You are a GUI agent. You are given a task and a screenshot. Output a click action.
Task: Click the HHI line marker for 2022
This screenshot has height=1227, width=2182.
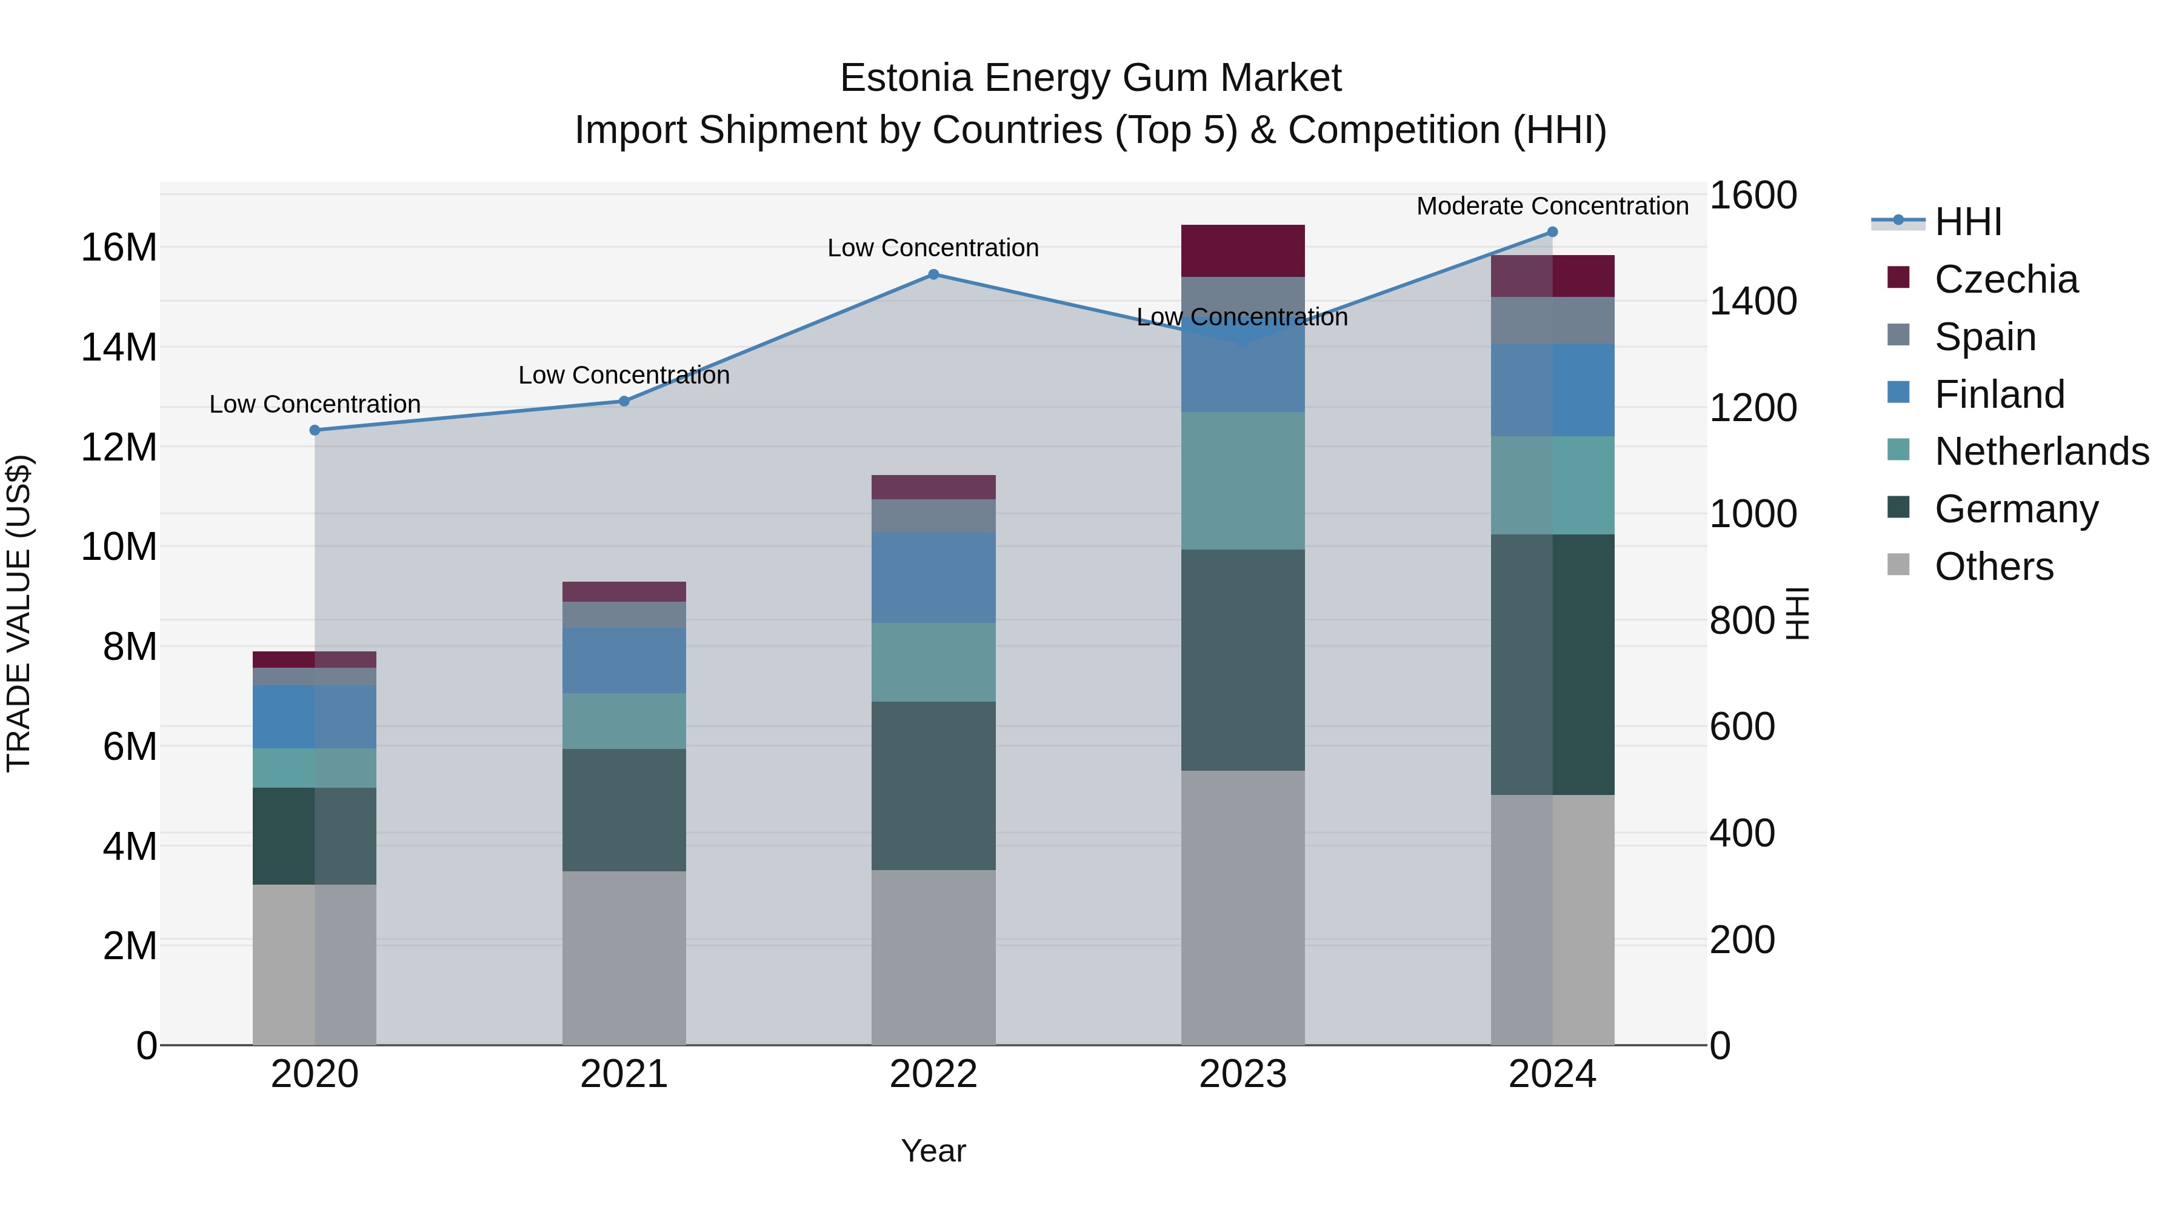point(933,274)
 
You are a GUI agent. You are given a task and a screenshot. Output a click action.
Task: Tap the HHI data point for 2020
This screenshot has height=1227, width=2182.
point(315,430)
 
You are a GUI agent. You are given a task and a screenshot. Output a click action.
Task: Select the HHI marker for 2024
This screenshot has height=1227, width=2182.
point(1553,232)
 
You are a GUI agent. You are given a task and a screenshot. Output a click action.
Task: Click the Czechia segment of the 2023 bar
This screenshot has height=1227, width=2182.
point(1243,251)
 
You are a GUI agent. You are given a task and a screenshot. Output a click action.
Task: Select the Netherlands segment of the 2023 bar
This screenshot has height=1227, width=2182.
point(1243,481)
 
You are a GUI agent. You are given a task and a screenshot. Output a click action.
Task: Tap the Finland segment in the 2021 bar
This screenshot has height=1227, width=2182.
point(624,660)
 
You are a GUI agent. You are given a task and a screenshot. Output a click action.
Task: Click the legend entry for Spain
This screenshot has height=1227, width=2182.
point(1984,337)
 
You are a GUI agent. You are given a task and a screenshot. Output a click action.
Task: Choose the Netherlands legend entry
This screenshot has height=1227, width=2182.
point(2041,451)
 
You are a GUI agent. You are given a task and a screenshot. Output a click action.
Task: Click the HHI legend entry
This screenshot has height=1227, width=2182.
point(1967,222)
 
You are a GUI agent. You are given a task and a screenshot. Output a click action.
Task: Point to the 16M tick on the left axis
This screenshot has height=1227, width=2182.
point(119,248)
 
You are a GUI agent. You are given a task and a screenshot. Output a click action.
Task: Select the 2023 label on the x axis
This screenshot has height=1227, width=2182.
point(1243,1074)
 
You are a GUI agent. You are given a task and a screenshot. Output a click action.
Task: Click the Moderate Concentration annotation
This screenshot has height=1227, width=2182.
point(1553,206)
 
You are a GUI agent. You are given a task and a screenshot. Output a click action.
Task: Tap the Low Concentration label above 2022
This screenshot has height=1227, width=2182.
point(933,248)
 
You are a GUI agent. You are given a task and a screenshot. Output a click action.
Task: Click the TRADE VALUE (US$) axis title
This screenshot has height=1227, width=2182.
point(19,613)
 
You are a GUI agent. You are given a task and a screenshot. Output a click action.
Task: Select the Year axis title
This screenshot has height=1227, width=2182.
point(933,1151)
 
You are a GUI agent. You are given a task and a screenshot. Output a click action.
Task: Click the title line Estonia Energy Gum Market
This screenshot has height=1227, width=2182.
point(1090,78)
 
